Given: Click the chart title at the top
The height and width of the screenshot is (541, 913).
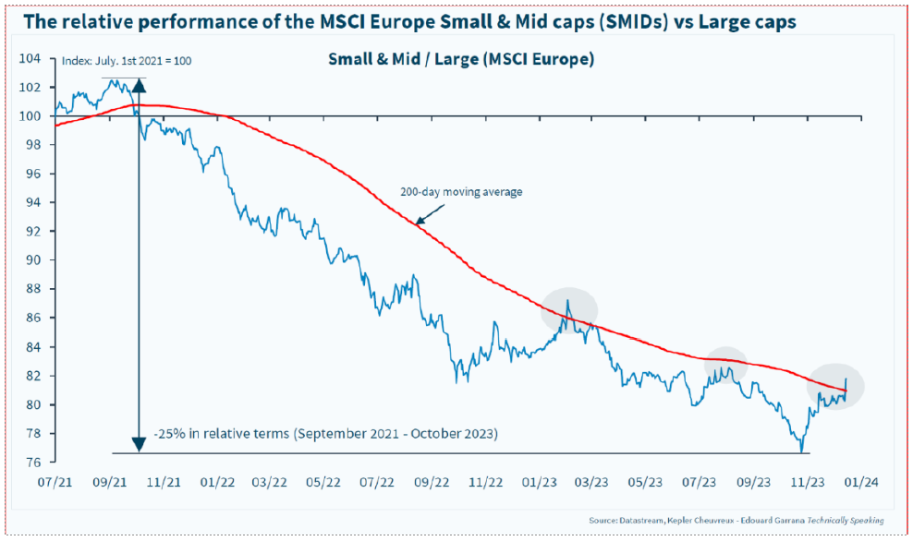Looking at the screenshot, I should point(408,21).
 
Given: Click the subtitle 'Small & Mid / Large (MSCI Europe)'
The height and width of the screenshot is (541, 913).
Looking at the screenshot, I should point(460,60).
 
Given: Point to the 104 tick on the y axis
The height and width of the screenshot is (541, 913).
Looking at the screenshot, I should point(32,58).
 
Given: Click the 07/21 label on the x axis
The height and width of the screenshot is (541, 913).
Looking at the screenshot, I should point(55,481).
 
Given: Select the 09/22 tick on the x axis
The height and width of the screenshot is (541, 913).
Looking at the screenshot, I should point(432,481).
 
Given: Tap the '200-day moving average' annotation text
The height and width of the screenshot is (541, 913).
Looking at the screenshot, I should point(461,192).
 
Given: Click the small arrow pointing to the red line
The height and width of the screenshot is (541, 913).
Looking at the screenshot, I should point(424,215).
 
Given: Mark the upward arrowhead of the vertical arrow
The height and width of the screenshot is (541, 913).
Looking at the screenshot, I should point(140,86).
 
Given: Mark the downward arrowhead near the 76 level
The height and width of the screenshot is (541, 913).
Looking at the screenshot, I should point(140,444).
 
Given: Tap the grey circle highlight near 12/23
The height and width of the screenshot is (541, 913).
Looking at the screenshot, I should point(836,387).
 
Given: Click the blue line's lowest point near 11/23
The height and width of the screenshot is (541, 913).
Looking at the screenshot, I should point(802,451).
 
